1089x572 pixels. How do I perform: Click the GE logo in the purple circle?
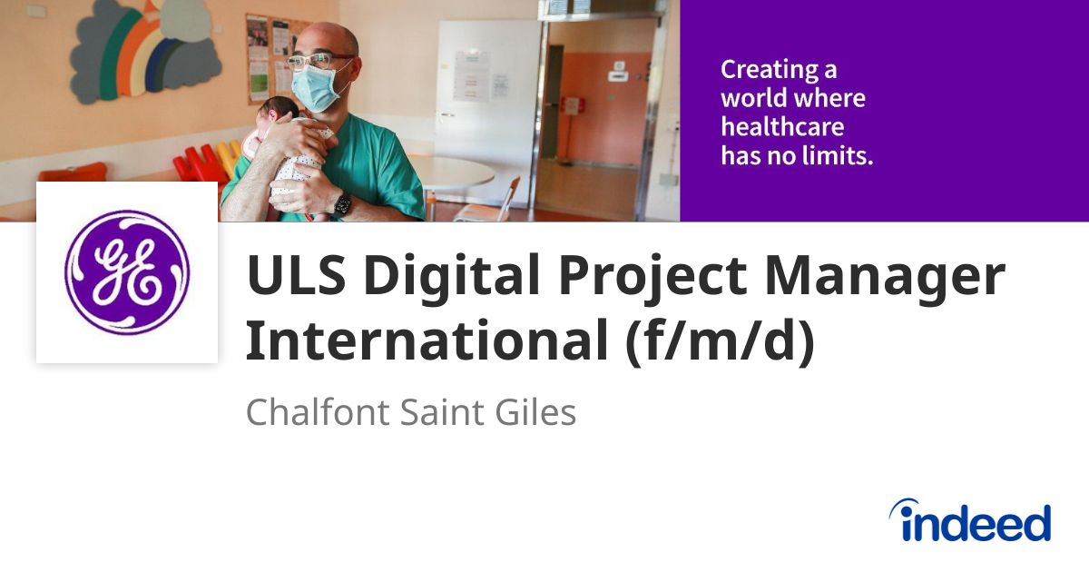[127, 272]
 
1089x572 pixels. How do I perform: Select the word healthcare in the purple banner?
[782, 126]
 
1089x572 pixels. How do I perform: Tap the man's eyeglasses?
[318, 61]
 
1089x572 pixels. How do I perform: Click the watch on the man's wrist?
[342, 205]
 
